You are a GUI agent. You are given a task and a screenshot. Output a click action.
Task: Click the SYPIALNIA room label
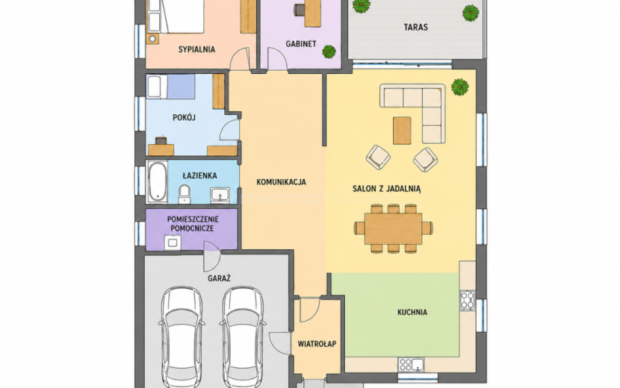point(196,49)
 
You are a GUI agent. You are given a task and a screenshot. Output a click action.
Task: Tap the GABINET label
point(301,44)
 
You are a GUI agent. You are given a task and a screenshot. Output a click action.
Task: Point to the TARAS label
point(415,28)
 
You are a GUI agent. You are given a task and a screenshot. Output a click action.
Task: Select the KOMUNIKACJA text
point(281,182)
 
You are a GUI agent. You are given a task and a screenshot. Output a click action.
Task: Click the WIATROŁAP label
point(317,344)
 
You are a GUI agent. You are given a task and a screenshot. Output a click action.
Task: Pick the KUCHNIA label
point(412,312)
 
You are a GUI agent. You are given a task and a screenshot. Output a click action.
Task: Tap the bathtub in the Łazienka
point(157,182)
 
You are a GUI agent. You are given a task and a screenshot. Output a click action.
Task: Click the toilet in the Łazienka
point(184,193)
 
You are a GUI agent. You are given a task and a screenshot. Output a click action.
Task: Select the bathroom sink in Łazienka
point(220,195)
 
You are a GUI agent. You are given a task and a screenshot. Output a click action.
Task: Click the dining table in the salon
point(394,228)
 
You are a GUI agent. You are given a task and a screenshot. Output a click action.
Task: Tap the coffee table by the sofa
point(402,131)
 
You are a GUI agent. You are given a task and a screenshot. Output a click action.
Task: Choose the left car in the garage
point(182,338)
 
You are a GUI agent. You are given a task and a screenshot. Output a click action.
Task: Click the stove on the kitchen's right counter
point(468,300)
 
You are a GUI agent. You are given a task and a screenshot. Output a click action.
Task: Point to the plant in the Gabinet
point(329,51)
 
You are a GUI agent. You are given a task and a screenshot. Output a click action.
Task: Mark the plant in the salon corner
point(460,87)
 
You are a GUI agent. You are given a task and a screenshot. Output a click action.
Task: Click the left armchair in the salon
point(378,157)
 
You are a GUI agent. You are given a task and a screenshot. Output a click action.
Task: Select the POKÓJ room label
point(185,118)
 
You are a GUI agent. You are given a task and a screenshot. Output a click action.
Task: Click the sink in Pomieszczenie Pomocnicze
point(173,242)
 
